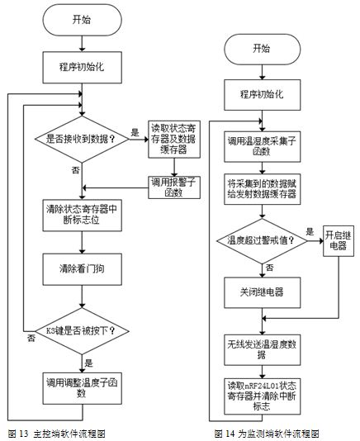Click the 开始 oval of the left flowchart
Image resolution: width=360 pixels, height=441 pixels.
pos(82,20)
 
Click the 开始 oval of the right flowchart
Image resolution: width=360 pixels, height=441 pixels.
pos(262,50)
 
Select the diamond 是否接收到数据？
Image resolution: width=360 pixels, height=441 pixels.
pos(82,140)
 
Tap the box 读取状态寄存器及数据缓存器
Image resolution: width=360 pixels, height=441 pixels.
pos(174,140)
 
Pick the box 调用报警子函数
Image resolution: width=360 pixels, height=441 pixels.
pos(174,187)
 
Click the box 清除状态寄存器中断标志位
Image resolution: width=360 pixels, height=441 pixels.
pos(82,216)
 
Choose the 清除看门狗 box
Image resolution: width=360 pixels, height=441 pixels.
pos(82,269)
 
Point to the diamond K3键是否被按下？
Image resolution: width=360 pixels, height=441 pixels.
pos(82,331)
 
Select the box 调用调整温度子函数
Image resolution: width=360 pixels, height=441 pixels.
pos(82,388)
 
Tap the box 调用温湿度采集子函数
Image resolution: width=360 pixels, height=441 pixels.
pos(262,146)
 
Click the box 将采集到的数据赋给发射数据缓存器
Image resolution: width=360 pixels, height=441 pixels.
pos(262,189)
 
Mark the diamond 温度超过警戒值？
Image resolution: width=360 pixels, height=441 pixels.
pos(262,241)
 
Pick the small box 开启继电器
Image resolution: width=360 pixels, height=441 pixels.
pos(339,241)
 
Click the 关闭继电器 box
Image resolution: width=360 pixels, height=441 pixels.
pos(262,292)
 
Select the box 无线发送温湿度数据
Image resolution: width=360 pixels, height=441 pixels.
pos(262,350)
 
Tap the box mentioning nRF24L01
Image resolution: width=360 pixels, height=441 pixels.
pos(262,396)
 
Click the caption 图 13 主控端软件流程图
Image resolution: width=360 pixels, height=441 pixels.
pos(57,434)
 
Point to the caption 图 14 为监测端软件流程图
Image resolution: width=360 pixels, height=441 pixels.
pos(267,434)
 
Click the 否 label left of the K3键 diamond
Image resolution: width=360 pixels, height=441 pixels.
pos(31,338)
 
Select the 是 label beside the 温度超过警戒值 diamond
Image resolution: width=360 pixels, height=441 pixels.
pos(310,231)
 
